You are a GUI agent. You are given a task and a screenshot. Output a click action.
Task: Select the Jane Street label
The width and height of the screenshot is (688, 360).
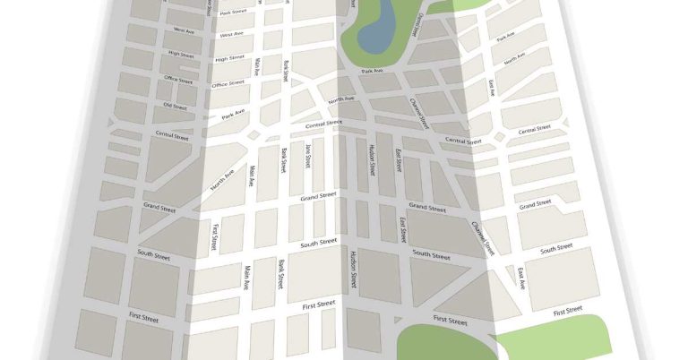pyautogui.click(x=307, y=156)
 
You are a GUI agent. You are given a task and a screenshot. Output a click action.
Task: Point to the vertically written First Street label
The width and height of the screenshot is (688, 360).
pyautogui.click(x=215, y=237)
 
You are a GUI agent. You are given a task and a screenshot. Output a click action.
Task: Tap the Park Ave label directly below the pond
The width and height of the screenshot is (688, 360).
pyautogui.click(x=372, y=71)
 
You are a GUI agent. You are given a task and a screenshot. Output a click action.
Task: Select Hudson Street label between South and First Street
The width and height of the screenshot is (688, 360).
pyautogui.click(x=355, y=268)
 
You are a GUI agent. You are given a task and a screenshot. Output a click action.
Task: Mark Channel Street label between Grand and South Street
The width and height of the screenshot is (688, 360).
pyautogui.click(x=484, y=235)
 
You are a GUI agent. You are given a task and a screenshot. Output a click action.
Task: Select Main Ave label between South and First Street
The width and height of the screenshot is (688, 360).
pyautogui.click(x=247, y=279)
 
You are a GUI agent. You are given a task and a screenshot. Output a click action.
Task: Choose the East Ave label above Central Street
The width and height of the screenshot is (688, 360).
pyautogui.click(x=491, y=88)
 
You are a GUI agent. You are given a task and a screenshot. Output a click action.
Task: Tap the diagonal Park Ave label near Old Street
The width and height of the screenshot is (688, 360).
pyautogui.click(x=233, y=116)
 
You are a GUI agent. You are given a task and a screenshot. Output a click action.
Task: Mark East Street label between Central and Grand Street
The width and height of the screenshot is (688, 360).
pyautogui.click(x=396, y=161)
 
